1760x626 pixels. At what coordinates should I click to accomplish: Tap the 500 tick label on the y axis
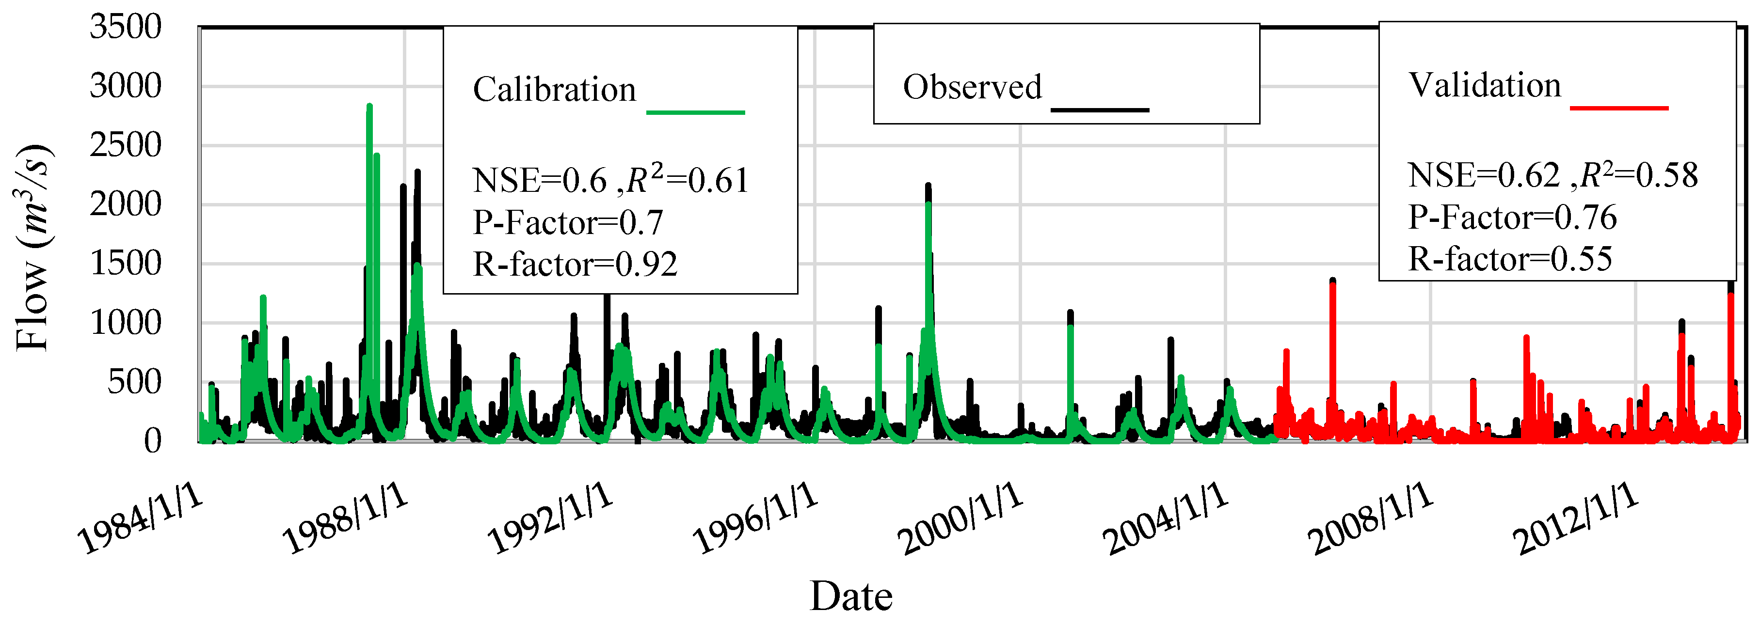[135, 382]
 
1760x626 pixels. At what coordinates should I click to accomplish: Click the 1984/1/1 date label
[140, 519]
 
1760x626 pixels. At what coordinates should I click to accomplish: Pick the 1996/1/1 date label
[755, 519]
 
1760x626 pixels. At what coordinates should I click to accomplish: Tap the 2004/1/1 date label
[1165, 519]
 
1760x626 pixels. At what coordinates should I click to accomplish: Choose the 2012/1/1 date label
[1575, 519]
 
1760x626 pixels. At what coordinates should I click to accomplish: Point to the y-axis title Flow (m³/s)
[32, 248]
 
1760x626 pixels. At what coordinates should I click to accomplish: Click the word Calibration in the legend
[554, 90]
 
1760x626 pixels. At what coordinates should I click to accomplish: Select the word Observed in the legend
[972, 87]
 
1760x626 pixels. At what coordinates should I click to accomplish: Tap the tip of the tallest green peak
[369, 106]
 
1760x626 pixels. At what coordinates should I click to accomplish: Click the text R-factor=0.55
[1510, 259]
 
